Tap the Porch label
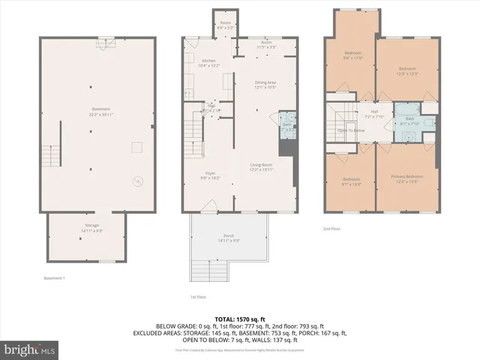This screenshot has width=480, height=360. click(228, 238)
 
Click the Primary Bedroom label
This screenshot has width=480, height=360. click(406, 178)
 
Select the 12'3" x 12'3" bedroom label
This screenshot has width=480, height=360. click(406, 70)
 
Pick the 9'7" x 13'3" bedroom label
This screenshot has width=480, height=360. click(351, 181)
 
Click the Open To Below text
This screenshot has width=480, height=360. click(350, 130)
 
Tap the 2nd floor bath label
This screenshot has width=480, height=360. click(409, 121)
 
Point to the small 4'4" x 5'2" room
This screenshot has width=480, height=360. click(224, 25)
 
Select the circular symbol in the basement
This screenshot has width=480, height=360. click(137, 180)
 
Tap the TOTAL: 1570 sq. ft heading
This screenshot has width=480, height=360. click(241, 318)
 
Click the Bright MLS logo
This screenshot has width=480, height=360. click(28, 349)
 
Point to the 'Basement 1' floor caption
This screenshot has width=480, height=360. click(54, 278)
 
